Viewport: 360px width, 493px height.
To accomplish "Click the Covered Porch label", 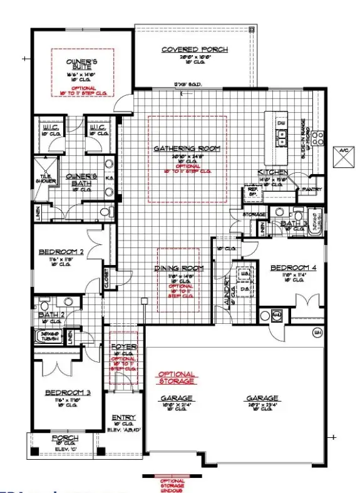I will coord(194,49).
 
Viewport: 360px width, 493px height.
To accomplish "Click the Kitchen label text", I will coord(273,172).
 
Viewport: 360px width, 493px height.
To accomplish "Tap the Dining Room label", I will coord(179,268).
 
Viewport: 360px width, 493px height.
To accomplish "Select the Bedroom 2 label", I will coord(61,252).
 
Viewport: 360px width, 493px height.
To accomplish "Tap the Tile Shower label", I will coord(49,178).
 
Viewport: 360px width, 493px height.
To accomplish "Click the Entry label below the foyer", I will coord(123,417).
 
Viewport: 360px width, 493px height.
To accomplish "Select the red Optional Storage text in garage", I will coord(176,377).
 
